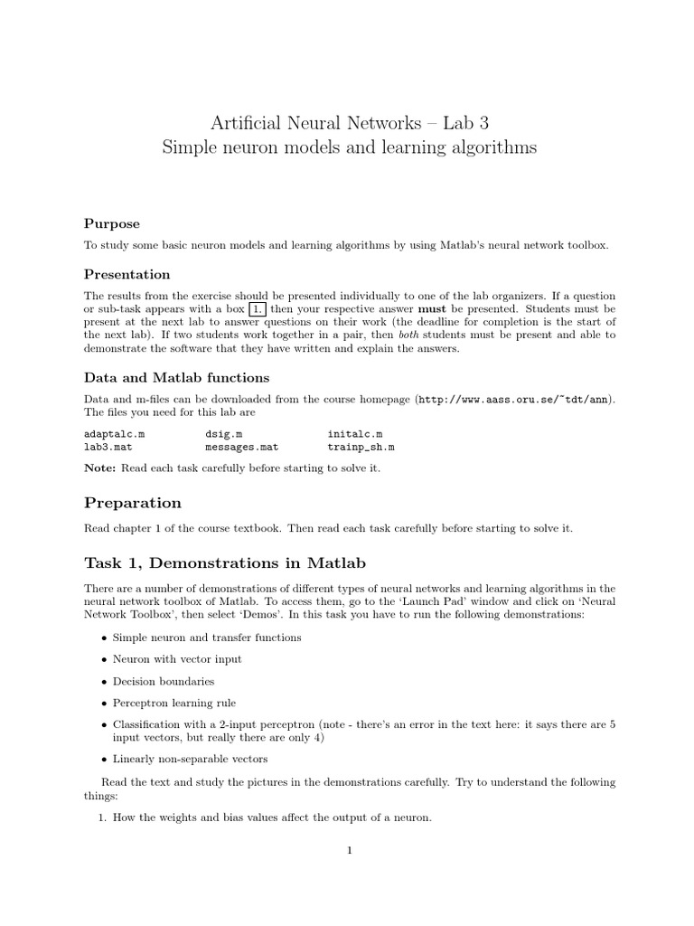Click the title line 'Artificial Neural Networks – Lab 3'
(x=348, y=121)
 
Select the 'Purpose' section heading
(x=112, y=223)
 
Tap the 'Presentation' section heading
(x=127, y=274)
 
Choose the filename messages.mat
(x=241, y=447)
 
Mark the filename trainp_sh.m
(x=361, y=447)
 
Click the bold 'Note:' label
(x=100, y=468)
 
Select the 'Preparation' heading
(x=132, y=503)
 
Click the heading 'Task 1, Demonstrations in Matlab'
(x=225, y=562)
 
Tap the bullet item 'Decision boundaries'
(x=164, y=681)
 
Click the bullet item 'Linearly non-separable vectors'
(x=190, y=759)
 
